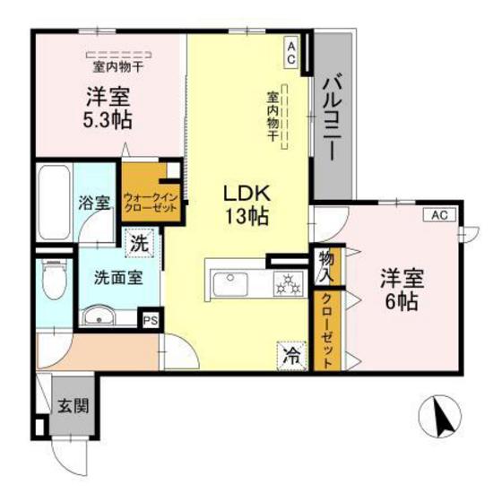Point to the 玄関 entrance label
point(74,404)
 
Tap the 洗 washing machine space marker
point(139,241)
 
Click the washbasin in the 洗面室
point(97,316)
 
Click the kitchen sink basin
point(230,286)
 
